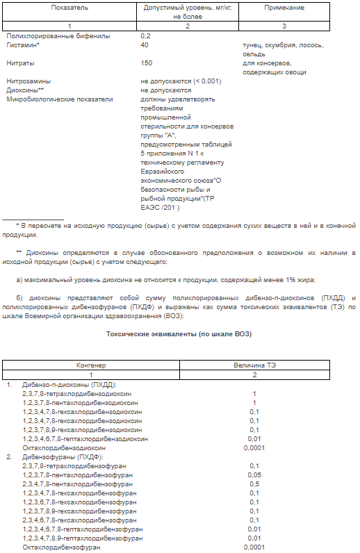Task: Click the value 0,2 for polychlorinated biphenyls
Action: [145, 35]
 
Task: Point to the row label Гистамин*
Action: [23, 45]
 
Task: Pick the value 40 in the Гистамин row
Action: [145, 45]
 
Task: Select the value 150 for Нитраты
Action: [147, 63]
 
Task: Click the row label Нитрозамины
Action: [28, 81]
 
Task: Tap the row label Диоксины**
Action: [25, 90]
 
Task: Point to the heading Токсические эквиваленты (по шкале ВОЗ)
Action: [179, 333]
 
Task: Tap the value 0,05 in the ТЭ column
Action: [254, 475]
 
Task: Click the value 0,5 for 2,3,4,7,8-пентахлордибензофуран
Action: [254, 484]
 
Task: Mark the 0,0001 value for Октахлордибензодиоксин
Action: [254, 448]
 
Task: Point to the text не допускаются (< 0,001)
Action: [181, 81]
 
